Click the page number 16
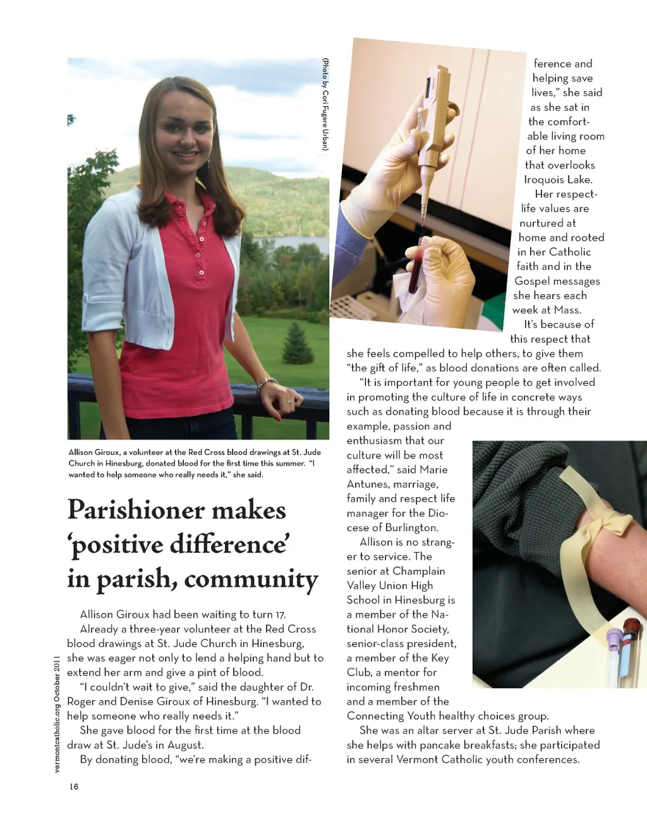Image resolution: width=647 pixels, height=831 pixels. coord(74,786)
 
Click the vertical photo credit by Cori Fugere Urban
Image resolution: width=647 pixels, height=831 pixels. coord(325,104)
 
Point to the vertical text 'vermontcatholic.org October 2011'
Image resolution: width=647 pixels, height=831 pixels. coord(57,713)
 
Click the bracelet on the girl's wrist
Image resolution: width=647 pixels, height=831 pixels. coord(266,383)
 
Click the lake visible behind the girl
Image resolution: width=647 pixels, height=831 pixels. coord(291,243)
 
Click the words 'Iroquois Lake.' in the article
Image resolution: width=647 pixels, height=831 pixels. coord(558,180)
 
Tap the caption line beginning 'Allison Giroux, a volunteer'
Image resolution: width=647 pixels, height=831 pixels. coord(194,452)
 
